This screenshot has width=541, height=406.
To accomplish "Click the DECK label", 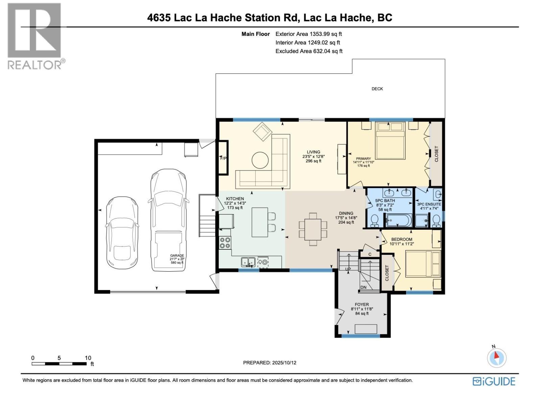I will click(377, 89).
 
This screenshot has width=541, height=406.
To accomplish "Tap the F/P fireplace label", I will click(223, 158).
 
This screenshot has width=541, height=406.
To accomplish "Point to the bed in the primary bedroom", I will click(390, 140).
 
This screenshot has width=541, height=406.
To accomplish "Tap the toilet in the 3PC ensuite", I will click(436, 221).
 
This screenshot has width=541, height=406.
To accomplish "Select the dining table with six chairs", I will click(313, 229).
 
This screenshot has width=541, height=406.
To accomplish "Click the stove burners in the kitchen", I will click(225, 243).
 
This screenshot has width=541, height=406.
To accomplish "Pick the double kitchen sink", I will click(248, 262).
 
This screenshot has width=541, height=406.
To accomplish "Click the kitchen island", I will click(260, 222).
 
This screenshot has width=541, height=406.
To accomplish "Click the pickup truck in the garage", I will click(168, 220).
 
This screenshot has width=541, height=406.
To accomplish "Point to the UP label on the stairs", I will click(348, 269).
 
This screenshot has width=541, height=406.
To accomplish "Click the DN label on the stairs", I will click(363, 287).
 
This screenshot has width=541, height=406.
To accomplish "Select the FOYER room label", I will click(362, 304).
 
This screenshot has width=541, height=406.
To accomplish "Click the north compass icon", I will click(497, 357).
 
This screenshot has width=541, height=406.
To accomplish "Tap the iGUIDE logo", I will click(494, 381).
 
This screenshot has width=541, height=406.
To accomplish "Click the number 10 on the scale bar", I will click(88, 358).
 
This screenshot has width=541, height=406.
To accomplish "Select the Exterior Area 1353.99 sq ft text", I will click(308, 34).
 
